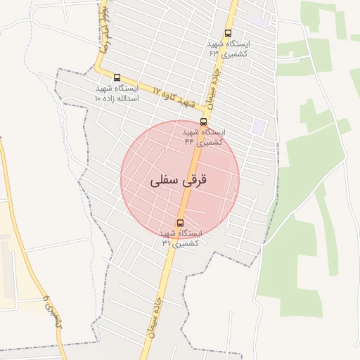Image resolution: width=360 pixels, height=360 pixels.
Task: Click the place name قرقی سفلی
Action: click(x=179, y=180)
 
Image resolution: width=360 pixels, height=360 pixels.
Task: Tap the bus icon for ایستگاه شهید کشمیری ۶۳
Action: click(x=228, y=33)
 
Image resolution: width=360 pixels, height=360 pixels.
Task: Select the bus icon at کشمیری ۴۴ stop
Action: click(x=204, y=122)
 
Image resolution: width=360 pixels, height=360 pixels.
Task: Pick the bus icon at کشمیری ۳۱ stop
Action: click(x=180, y=223)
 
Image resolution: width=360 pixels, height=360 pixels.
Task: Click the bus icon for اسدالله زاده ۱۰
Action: click(x=117, y=78)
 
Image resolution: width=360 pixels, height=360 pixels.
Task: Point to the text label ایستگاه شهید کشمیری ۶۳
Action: click(x=229, y=48)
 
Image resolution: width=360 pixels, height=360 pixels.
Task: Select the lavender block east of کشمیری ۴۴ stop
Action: click(x=259, y=127)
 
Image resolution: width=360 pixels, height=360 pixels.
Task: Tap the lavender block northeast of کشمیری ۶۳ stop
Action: click(x=259, y=21)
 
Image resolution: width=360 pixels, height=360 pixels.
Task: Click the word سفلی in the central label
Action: click(x=164, y=180)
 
